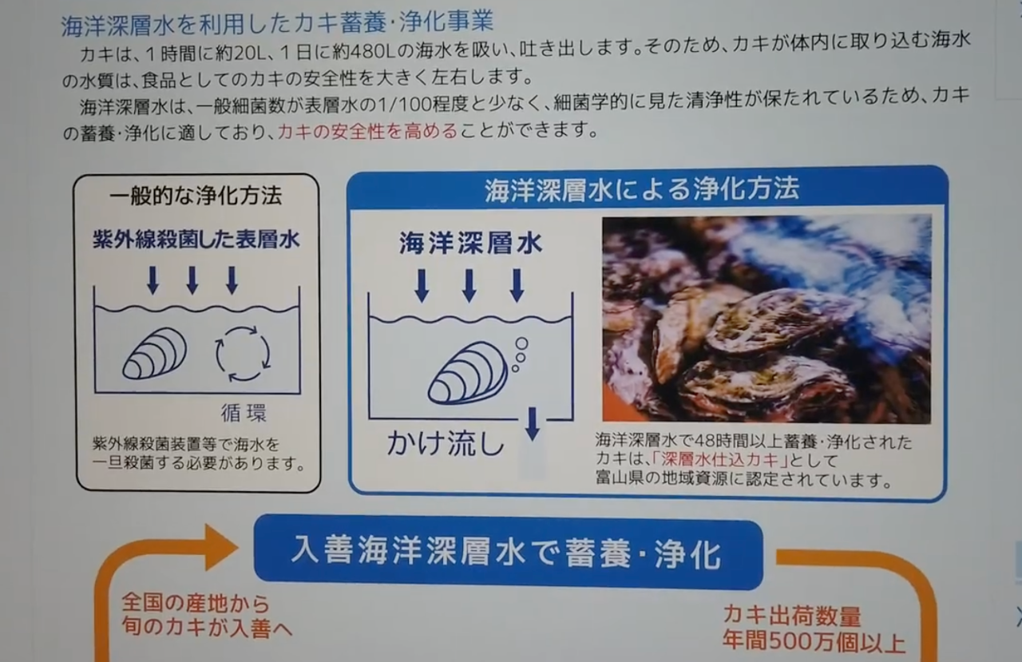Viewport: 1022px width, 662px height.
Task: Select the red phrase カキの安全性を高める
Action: (368, 131)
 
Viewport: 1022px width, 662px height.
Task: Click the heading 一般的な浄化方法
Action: (196, 196)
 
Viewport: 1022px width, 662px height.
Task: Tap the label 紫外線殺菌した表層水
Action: (196, 239)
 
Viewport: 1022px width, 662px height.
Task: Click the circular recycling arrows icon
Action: (243, 354)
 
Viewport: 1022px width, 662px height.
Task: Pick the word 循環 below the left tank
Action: (244, 412)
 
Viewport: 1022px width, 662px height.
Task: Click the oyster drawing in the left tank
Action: (155, 353)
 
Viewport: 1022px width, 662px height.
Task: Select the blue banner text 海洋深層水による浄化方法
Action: (641, 189)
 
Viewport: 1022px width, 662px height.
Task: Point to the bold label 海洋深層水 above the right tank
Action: (470, 243)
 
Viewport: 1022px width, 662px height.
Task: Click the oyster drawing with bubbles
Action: (469, 373)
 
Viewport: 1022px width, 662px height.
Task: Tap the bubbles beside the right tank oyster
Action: (519, 355)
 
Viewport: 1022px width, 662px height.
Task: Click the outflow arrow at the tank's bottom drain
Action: (533, 424)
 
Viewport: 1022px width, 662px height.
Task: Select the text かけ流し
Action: (446, 442)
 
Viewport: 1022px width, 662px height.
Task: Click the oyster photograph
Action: (766, 319)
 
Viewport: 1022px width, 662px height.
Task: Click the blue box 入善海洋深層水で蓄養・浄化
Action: (508, 552)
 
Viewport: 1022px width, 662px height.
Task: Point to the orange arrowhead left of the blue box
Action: (221, 547)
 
